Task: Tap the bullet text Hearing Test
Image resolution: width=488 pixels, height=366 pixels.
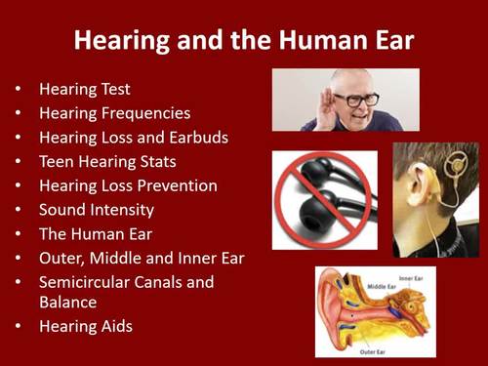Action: (83, 89)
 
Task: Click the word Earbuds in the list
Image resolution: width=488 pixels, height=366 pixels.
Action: (195, 138)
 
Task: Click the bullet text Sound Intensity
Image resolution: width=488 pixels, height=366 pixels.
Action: (97, 210)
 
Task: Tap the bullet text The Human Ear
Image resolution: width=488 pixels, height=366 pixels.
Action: (95, 234)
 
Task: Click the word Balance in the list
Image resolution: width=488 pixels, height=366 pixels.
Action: (68, 302)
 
